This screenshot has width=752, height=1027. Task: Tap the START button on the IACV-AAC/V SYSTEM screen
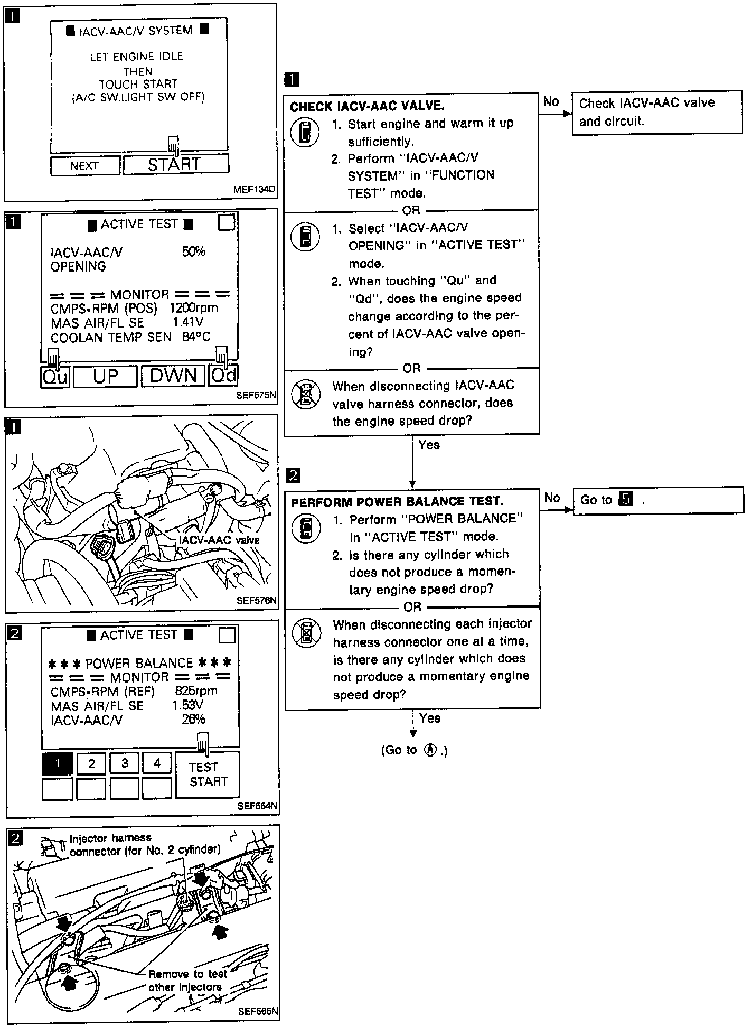[x=176, y=165]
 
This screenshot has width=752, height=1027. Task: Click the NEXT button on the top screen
[x=84, y=166]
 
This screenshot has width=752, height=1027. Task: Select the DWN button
[x=173, y=376]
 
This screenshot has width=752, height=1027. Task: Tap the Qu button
[x=55, y=376]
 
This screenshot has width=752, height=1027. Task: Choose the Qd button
[x=223, y=376]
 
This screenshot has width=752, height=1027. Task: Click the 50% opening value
[x=193, y=251]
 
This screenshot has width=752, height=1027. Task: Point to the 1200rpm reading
[x=193, y=308]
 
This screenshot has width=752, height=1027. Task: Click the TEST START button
[x=208, y=774]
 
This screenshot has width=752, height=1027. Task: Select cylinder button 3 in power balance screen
[x=125, y=763]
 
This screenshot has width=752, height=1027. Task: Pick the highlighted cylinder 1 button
[x=57, y=763]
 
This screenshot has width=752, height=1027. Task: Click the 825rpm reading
[x=195, y=691]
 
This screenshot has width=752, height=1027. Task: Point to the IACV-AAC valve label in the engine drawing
[x=219, y=540]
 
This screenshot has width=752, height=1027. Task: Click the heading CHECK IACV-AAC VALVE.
[x=367, y=106]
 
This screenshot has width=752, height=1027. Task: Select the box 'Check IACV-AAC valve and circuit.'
[x=656, y=112]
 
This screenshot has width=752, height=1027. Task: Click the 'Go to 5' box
[x=657, y=500]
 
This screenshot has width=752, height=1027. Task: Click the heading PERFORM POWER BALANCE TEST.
[x=397, y=501]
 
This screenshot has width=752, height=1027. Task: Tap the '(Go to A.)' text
[x=414, y=750]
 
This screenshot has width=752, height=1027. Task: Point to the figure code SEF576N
[x=256, y=601]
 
